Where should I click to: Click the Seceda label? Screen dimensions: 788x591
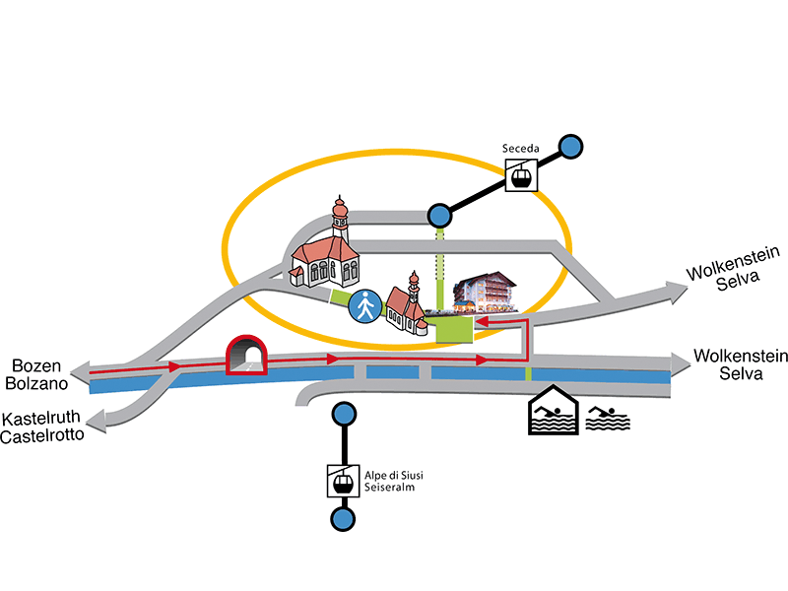pyautogui.click(x=521, y=149)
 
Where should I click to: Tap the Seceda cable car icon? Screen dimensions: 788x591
pyautogui.click(x=521, y=175)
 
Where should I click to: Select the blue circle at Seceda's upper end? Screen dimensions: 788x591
pyautogui.click(x=570, y=147)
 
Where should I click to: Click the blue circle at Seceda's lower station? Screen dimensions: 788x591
pyautogui.click(x=439, y=216)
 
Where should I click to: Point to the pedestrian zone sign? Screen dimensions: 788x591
pyautogui.click(x=365, y=305)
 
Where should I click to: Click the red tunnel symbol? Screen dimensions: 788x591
pyautogui.click(x=246, y=355)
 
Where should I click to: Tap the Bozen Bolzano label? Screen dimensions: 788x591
pyautogui.click(x=36, y=374)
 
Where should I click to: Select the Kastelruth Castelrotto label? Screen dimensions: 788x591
pyautogui.click(x=42, y=427)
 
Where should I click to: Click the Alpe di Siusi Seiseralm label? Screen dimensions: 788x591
pyautogui.click(x=393, y=481)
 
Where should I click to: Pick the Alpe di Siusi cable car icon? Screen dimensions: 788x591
pyautogui.click(x=343, y=481)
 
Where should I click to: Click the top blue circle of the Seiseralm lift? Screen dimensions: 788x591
pyautogui.click(x=344, y=415)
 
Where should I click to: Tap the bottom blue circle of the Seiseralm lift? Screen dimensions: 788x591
pyautogui.click(x=343, y=519)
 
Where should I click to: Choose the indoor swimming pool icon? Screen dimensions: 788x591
pyautogui.click(x=554, y=410)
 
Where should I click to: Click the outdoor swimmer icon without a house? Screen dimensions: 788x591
pyautogui.click(x=608, y=419)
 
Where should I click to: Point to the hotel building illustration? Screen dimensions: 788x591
pyautogui.click(x=485, y=293)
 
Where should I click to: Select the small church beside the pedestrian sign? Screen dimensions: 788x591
pyautogui.click(x=407, y=305)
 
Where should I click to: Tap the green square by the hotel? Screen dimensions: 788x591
pyautogui.click(x=454, y=329)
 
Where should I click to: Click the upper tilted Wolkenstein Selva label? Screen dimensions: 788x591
pyautogui.click(x=734, y=269)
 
